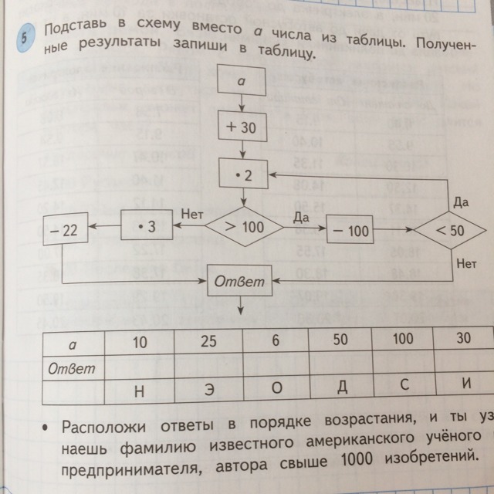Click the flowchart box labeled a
242,80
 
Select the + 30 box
242,128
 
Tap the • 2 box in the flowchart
242,176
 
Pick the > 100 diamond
242,228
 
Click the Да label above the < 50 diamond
461,201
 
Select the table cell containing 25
208,341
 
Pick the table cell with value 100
402,340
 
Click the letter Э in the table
208,390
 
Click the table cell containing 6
275,341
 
